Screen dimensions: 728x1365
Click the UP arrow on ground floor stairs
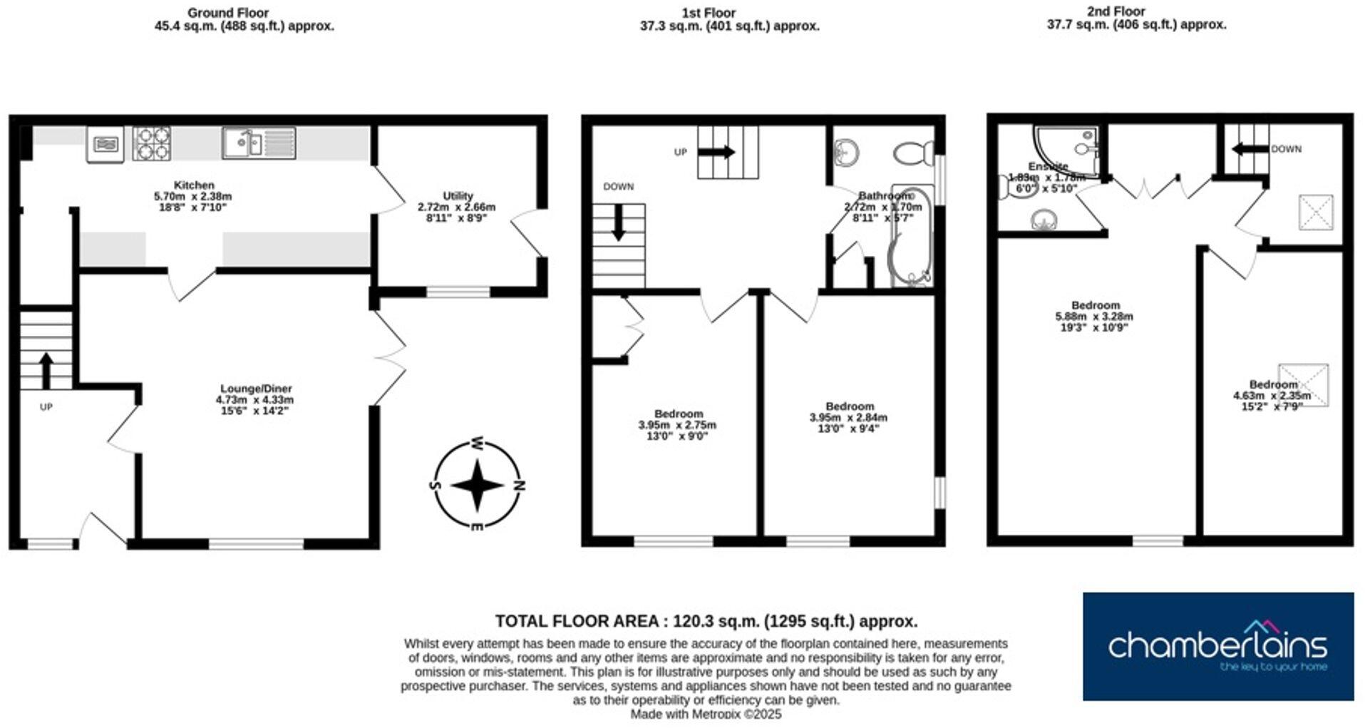(46, 369)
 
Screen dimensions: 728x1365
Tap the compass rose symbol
(478, 485)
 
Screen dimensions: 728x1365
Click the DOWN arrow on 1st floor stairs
(618, 223)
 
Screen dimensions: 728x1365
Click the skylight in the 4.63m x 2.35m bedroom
(1303, 385)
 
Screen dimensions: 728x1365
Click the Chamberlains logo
(1217, 646)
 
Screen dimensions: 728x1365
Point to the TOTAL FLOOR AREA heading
(706, 620)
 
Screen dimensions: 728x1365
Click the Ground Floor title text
(228, 13)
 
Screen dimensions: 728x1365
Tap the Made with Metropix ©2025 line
(706, 714)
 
